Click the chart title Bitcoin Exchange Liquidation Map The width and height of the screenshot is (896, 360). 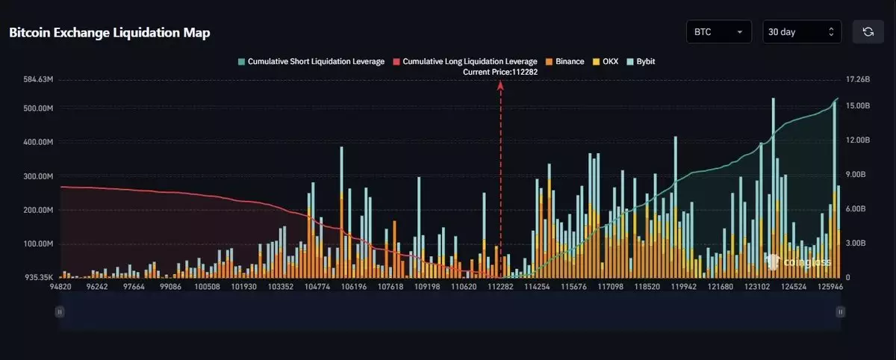pyautogui.click(x=110, y=33)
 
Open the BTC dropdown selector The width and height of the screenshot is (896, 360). pyautogui.click(x=719, y=32)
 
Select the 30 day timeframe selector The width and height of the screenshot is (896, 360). pyautogui.click(x=801, y=32)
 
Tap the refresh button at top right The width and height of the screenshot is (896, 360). pyautogui.click(x=868, y=32)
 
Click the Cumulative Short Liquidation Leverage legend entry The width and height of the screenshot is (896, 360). pyautogui.click(x=311, y=61)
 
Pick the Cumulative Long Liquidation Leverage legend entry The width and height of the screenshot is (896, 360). pyautogui.click(x=465, y=61)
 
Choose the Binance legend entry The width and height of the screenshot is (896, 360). pyautogui.click(x=565, y=61)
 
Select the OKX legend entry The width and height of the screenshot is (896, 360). pyautogui.click(x=606, y=61)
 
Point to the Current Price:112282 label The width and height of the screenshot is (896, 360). pyautogui.click(x=500, y=72)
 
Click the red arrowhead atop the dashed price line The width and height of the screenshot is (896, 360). pyautogui.click(x=500, y=84)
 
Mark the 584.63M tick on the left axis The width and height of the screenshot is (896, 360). pyautogui.click(x=37, y=79)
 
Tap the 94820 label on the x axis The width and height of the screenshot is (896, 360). pyautogui.click(x=60, y=287)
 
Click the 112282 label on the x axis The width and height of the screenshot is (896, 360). pyautogui.click(x=500, y=287)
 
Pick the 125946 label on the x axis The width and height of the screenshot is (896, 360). pyautogui.click(x=831, y=287)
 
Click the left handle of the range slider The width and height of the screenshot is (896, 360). pyautogui.click(x=59, y=311)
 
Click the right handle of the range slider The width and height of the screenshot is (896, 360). pyautogui.click(x=841, y=311)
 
